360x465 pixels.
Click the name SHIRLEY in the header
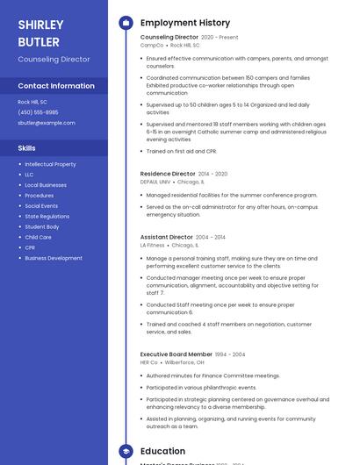(40, 25)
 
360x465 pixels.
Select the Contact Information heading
(56, 86)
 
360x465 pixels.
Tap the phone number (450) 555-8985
(38, 112)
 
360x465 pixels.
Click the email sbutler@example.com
(47, 123)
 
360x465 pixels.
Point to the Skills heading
(26, 148)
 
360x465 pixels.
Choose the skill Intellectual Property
(50, 164)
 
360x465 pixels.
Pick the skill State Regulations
(47, 216)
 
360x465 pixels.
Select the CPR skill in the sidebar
(30, 247)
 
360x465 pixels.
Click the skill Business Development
(54, 258)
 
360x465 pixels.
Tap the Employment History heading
(185, 23)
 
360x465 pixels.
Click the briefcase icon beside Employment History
(126, 23)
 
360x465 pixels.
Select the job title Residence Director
(168, 174)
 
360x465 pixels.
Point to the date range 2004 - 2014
(210, 237)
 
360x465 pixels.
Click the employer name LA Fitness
(152, 246)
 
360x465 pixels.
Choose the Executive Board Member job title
(176, 354)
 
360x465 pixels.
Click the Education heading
(162, 452)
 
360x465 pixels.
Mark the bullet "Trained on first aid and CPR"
(182, 151)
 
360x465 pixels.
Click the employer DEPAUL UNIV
(155, 182)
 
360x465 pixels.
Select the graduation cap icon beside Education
(126, 452)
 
